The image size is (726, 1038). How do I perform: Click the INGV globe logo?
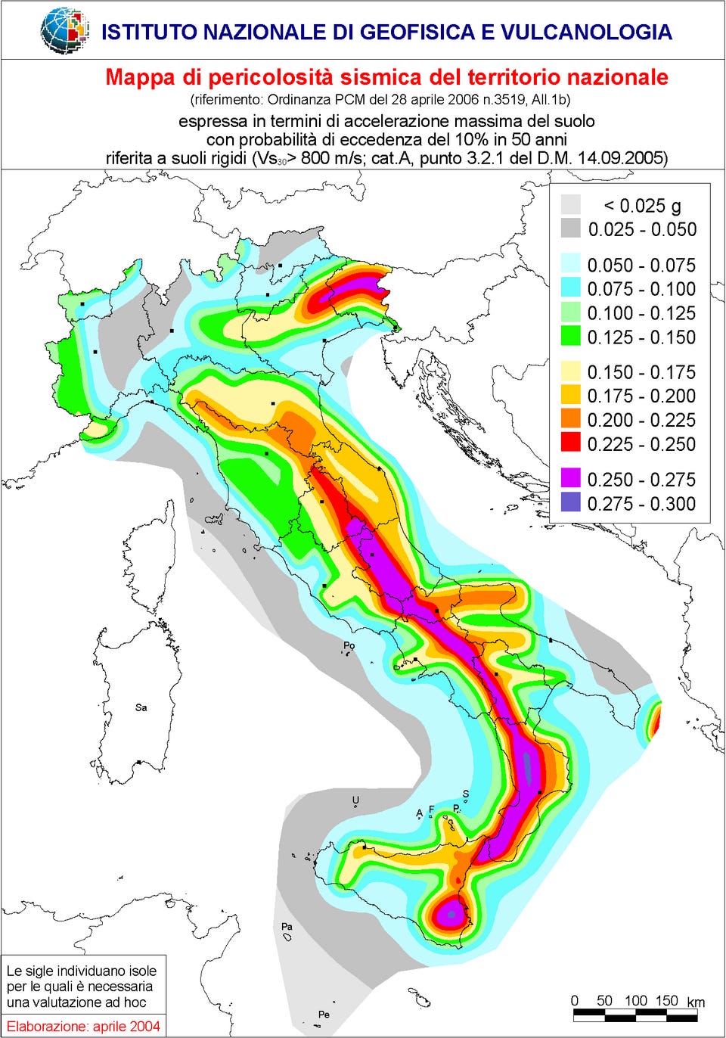click(64, 30)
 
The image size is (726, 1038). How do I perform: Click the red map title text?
click(386, 77)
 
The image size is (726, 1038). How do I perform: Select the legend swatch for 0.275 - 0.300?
click(571, 503)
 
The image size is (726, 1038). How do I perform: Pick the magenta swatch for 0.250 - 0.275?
click(571, 479)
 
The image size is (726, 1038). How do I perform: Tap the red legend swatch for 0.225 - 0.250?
click(571, 443)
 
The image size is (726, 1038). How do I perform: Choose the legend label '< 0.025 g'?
click(641, 206)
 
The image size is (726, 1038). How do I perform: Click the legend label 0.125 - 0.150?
click(641, 337)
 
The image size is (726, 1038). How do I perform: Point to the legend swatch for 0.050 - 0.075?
click(571, 265)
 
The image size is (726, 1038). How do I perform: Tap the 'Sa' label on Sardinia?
click(141, 707)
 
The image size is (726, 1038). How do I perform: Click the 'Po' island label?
click(349, 645)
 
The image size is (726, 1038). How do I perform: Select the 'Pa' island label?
click(287, 926)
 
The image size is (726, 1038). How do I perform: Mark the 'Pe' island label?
click(324, 1014)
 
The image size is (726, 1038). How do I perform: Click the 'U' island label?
click(355, 800)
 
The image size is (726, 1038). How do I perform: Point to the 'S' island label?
click(466, 794)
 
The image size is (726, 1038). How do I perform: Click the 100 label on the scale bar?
click(635, 1000)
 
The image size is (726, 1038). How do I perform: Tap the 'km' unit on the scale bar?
click(695, 1002)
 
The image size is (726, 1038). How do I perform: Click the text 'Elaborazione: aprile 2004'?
click(83, 1026)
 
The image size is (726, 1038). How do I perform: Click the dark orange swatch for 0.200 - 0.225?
click(571, 419)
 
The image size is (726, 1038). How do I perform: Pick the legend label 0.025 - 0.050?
click(641, 230)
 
